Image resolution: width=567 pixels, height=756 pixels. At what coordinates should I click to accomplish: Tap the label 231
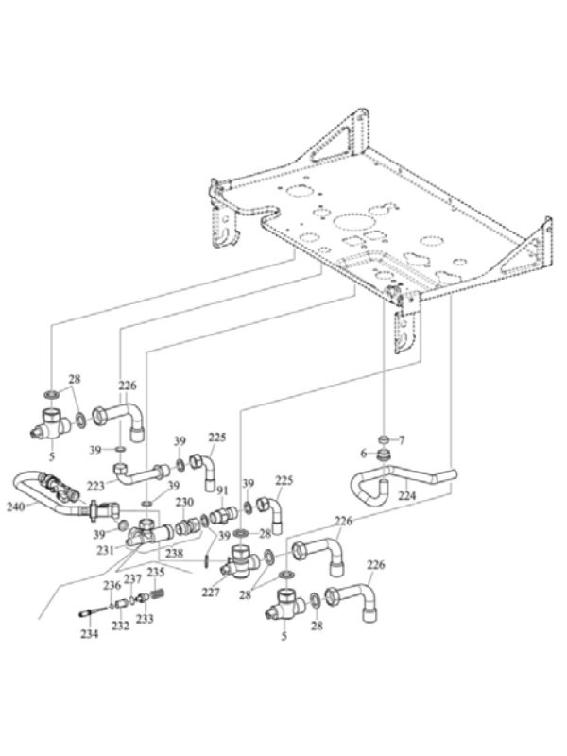tap(106, 548)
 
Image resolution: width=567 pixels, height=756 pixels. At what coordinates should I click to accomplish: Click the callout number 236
tap(112, 586)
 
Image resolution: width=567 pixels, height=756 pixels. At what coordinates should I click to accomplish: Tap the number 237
tap(133, 578)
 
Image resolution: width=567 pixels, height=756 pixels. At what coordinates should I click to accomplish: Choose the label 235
tap(156, 572)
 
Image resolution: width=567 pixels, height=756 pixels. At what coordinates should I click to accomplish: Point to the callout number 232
tap(120, 626)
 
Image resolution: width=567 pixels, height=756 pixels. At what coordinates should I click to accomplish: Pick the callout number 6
tap(364, 453)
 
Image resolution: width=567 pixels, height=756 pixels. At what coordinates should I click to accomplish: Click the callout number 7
tap(401, 440)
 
